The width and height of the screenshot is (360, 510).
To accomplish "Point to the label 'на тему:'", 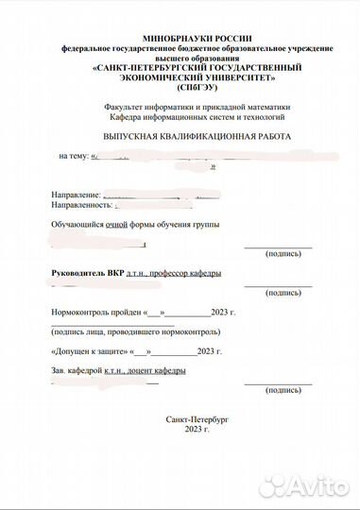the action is (75, 155).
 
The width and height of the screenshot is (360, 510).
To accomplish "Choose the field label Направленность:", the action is (81, 204).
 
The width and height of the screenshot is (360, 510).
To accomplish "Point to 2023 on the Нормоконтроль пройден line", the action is (220, 311).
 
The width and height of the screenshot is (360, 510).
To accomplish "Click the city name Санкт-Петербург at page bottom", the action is (197, 417).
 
